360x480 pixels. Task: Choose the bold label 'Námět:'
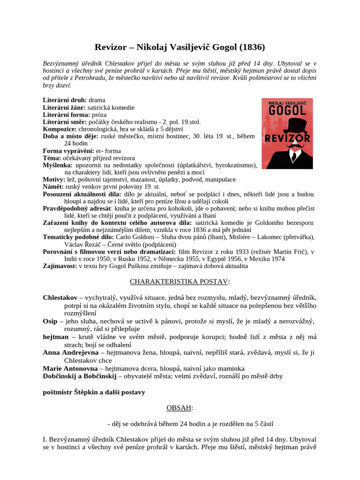coord(54,187)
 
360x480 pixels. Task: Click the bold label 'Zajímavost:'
coord(60,266)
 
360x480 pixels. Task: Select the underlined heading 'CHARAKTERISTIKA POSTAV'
coord(179,281)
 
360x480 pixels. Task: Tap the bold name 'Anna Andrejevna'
coord(71,352)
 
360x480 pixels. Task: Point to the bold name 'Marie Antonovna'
coord(70,368)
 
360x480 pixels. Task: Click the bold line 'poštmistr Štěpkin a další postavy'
coord(94,392)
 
